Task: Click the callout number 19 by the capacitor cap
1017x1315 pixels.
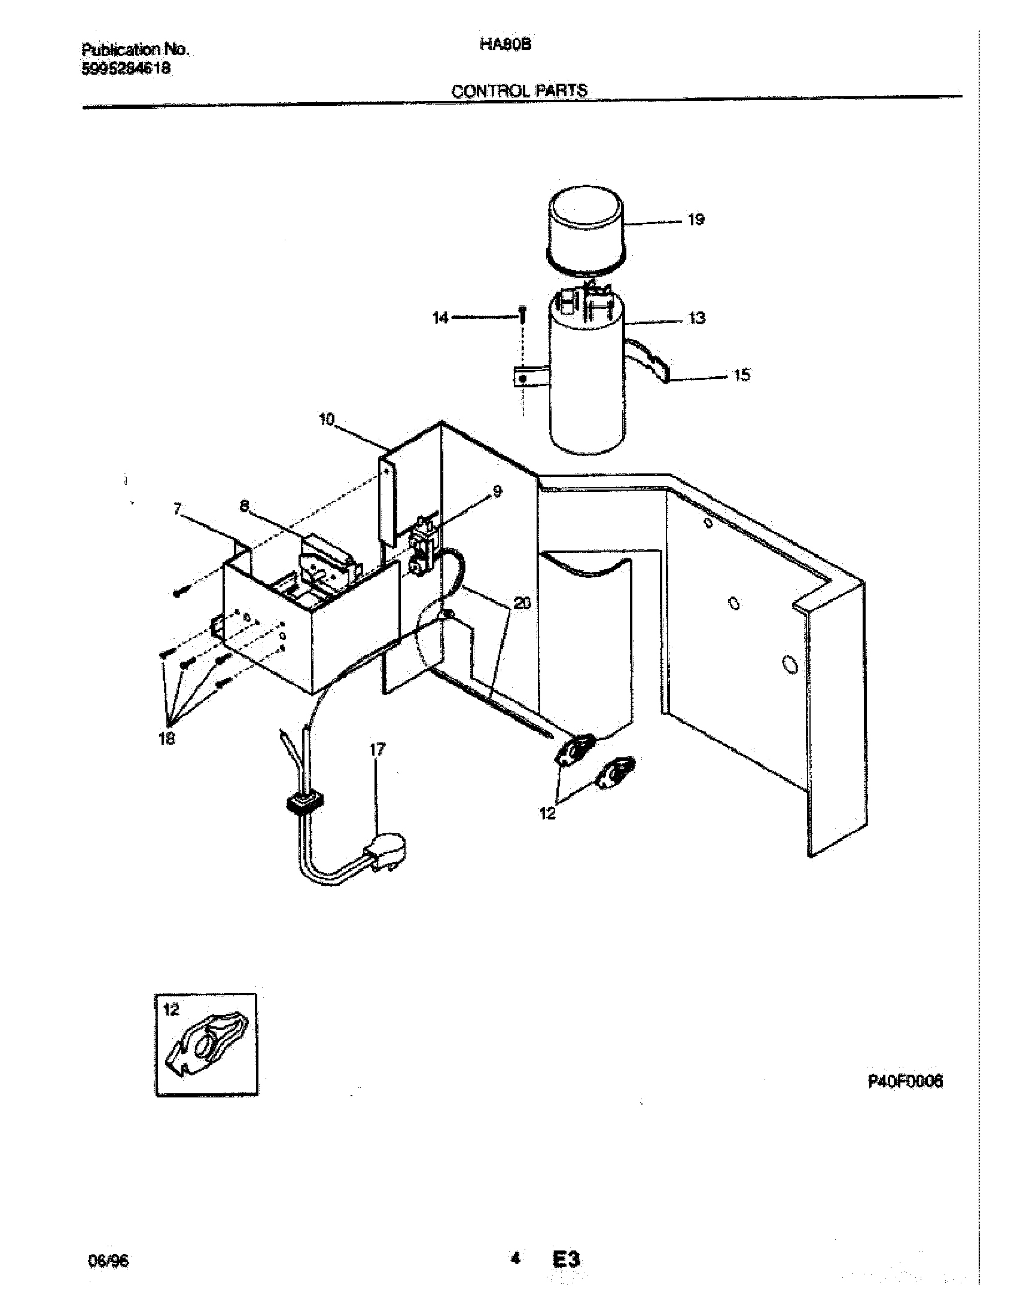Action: click(695, 220)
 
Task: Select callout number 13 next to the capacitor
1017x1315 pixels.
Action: click(696, 318)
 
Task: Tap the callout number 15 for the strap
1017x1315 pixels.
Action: click(741, 376)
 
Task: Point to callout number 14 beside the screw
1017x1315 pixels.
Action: click(441, 317)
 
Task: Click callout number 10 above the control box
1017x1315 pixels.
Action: click(326, 420)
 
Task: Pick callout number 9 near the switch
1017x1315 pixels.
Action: click(497, 492)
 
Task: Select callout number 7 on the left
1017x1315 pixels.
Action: click(177, 509)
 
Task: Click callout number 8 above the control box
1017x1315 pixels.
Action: click(244, 507)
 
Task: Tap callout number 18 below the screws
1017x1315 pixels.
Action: click(167, 738)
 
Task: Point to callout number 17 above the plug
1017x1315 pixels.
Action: click(377, 750)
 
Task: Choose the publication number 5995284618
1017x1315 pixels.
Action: click(125, 69)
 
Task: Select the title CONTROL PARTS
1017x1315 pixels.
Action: click(519, 91)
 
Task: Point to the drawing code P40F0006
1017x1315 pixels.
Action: click(905, 1082)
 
